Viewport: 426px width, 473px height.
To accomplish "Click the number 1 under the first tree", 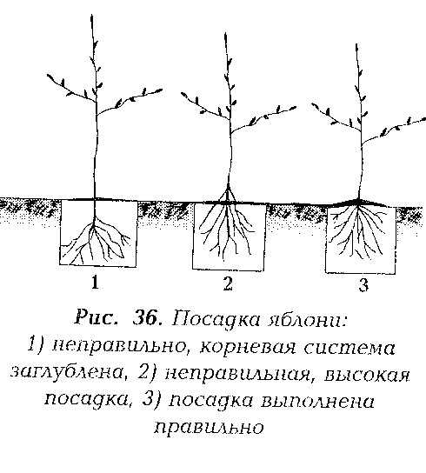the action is tap(96, 283).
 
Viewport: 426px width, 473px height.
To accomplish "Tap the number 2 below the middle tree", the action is tap(228, 283).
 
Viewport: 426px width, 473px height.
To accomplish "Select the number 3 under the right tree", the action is tap(363, 285).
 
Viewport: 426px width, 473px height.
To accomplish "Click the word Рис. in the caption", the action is tap(96, 317).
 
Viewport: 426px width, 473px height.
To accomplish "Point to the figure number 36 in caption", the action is tap(147, 317).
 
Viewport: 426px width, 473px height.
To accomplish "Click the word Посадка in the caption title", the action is tap(216, 318).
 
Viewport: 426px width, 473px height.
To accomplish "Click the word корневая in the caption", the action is tap(248, 348).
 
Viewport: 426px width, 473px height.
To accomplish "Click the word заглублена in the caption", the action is tap(67, 374).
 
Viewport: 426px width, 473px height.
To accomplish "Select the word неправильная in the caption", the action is tap(239, 375).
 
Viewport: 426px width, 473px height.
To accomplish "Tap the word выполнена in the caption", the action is tap(317, 402).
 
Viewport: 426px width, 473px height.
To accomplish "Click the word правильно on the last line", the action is tap(209, 428).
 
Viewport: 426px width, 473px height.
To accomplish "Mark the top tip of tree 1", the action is tap(92, 15).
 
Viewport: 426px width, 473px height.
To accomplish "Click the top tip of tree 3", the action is tap(356, 44).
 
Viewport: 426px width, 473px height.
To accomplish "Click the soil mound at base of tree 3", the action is tap(359, 203).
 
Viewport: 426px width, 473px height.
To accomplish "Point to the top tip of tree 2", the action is tap(225, 33).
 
